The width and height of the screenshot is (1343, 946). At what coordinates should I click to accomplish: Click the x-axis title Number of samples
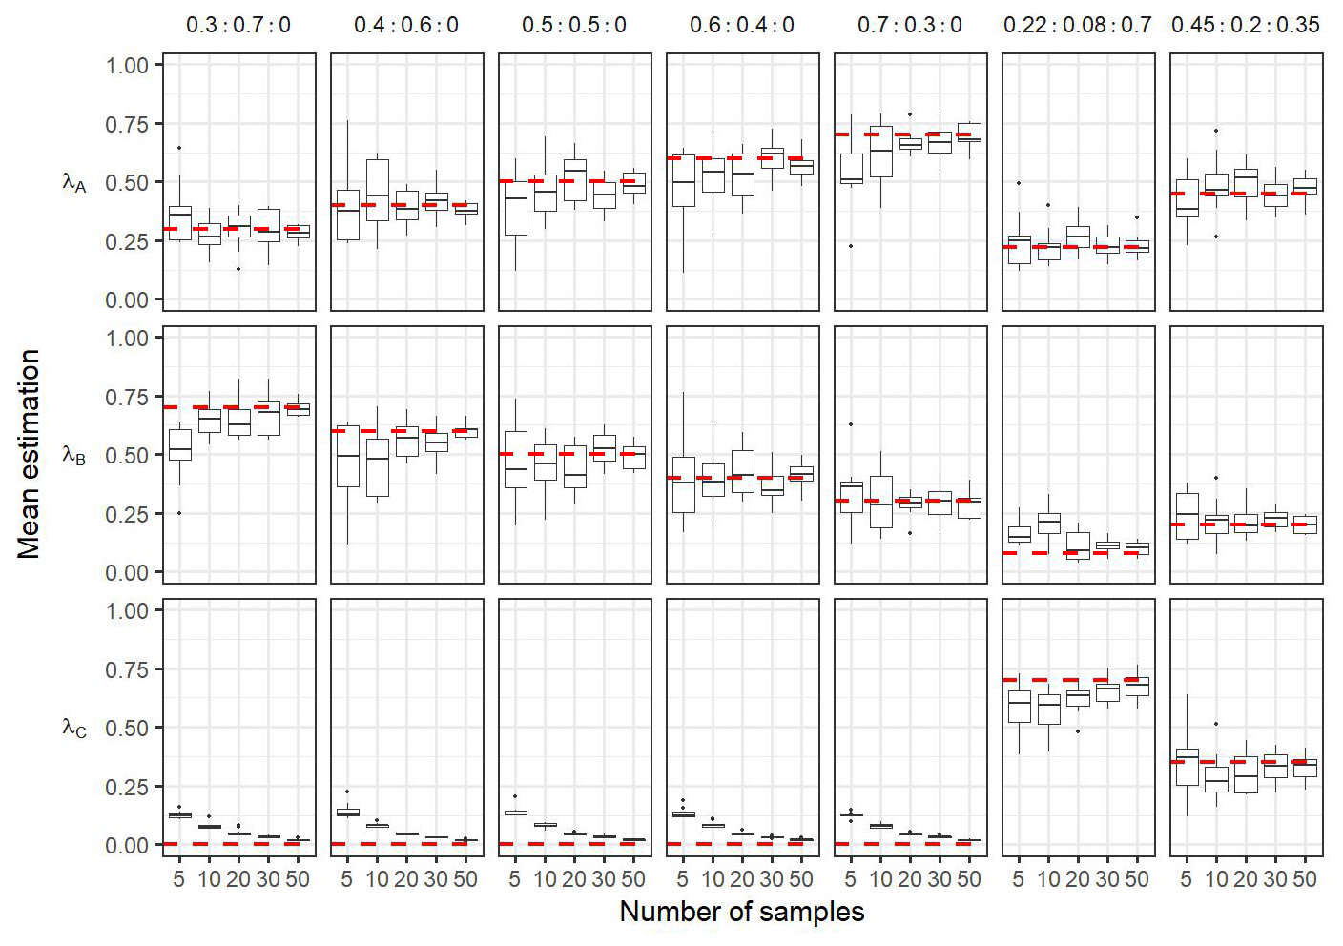pos(742,913)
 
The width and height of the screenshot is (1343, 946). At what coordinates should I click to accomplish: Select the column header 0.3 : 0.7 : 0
pos(238,25)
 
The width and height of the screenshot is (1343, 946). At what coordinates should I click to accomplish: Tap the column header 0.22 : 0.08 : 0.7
pos(1078,25)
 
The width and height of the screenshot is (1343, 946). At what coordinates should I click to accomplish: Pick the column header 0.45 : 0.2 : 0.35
pos(1246,25)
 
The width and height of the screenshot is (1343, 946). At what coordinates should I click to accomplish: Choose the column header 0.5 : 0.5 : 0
pos(574,25)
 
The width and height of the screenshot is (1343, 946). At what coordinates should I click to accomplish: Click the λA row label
pos(74,182)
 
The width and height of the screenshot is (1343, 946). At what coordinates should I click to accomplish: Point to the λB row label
pos(74,455)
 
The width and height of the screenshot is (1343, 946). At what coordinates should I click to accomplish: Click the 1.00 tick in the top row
pos(128,66)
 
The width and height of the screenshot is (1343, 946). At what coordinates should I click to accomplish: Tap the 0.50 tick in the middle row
pos(128,456)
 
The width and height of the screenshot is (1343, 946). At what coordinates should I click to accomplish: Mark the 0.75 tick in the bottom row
pos(128,670)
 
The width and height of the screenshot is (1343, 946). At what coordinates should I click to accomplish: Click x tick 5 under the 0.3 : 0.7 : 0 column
pos(179,879)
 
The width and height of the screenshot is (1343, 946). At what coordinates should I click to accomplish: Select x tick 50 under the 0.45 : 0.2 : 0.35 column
pos(1305,879)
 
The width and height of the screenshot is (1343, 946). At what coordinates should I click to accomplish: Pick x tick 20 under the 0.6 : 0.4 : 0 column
pos(742,879)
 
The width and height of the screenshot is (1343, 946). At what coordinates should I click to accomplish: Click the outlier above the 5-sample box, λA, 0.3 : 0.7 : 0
pos(179,148)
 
